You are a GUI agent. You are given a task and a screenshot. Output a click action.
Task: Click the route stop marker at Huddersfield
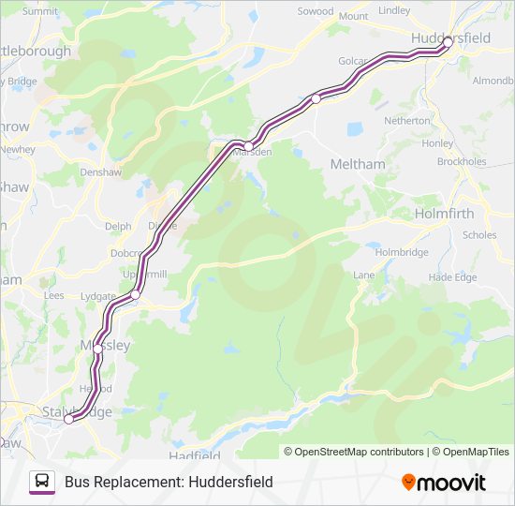pyautogui.click(x=448, y=42)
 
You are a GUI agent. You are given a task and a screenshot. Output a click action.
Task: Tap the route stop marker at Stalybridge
pyautogui.click(x=68, y=420)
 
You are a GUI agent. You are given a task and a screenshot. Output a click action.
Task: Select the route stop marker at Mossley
pyautogui.click(x=97, y=347)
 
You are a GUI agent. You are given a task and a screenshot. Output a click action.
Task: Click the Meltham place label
pyautogui.click(x=358, y=164)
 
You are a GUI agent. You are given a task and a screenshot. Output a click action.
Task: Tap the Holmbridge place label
pyautogui.click(x=402, y=252)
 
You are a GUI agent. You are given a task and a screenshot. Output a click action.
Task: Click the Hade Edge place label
pyautogui.click(x=452, y=277)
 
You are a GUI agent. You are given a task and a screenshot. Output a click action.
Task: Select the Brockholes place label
pyautogui.click(x=462, y=161)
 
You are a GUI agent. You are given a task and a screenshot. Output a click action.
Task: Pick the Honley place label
pyautogui.click(x=437, y=143)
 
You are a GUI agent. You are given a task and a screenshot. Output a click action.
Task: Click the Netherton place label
pyautogui.click(x=407, y=121)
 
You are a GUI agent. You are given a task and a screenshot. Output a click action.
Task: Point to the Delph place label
pyautogui.click(x=118, y=226)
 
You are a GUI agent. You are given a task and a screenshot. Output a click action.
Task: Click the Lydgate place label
pyautogui.click(x=99, y=296)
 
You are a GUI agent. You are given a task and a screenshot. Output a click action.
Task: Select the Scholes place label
pyautogui.click(x=479, y=235)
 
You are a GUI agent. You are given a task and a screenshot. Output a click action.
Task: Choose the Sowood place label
pyautogui.click(x=315, y=11)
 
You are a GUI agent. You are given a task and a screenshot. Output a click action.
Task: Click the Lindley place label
pyautogui.click(x=394, y=10)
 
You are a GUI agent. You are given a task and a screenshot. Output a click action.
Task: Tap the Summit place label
pyautogui.click(x=39, y=12)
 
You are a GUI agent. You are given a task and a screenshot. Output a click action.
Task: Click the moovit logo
pyautogui.click(x=444, y=482)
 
